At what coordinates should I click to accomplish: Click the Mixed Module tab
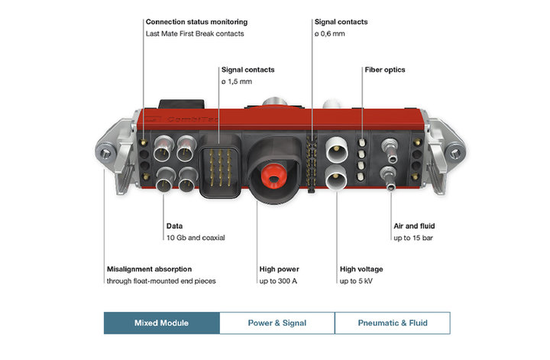(x=161, y=323)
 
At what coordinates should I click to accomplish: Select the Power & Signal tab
(x=277, y=323)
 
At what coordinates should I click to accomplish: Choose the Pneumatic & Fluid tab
(x=393, y=323)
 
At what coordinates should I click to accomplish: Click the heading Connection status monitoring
(x=196, y=22)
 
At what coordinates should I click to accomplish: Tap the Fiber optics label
(x=384, y=70)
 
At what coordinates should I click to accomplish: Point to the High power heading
(x=278, y=269)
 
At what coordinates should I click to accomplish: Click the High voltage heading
(x=361, y=269)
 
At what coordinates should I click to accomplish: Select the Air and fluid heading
(x=413, y=226)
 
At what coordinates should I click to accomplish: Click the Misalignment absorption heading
(x=149, y=269)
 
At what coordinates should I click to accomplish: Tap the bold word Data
(x=175, y=226)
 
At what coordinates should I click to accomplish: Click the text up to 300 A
(x=280, y=281)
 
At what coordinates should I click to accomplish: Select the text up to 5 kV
(x=356, y=281)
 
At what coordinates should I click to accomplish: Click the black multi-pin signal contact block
(x=218, y=163)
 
